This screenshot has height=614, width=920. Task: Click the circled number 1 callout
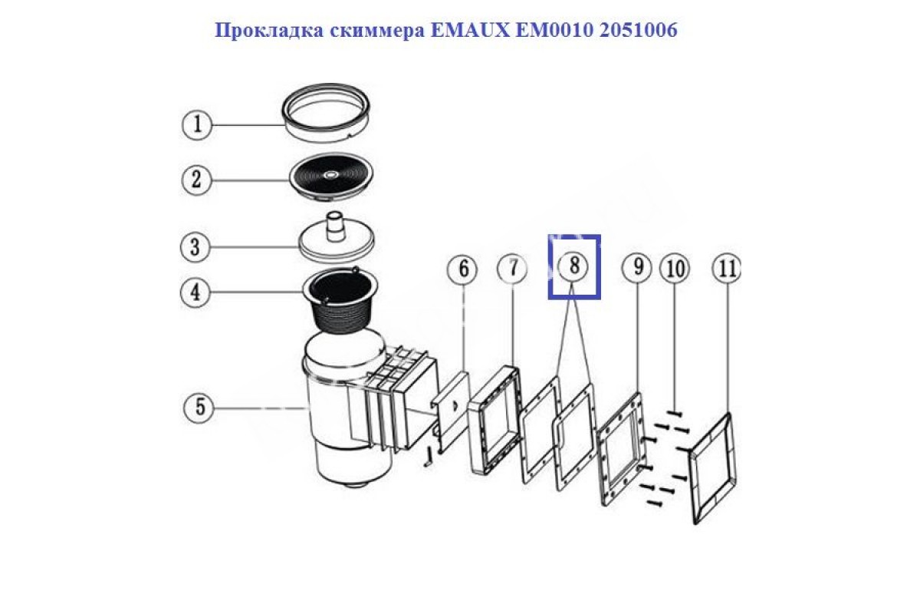point(197,124)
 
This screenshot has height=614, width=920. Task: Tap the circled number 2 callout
point(197,180)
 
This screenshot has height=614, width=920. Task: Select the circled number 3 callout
point(195,247)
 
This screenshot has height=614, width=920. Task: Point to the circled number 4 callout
point(195,293)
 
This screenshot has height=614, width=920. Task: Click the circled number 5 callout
point(199,408)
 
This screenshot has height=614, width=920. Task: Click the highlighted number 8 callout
point(573,266)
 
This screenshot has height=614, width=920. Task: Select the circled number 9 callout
point(637,268)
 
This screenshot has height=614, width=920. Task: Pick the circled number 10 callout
point(675,269)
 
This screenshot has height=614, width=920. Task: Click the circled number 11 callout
point(726,269)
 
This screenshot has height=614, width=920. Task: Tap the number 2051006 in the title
point(638,31)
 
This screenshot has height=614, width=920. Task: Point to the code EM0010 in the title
point(554,31)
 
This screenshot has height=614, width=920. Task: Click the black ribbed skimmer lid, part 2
point(331,177)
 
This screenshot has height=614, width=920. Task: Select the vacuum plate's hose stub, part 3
point(336,226)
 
